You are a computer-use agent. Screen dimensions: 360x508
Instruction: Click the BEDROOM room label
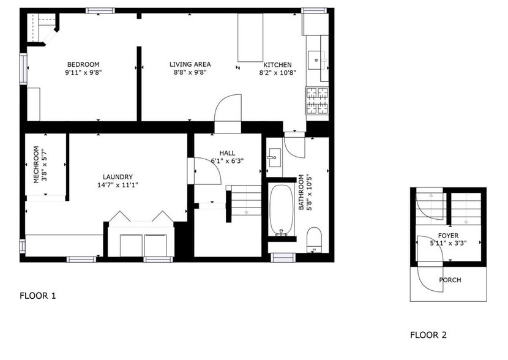[x=83, y=64]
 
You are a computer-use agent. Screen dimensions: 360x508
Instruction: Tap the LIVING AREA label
[x=190, y=64]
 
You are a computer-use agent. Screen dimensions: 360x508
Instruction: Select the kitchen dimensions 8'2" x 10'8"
[x=277, y=72]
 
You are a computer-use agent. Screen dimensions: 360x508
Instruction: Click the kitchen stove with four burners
[x=316, y=101]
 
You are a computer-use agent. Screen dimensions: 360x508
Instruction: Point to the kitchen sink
[x=317, y=59]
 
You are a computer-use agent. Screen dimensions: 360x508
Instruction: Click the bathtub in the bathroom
[x=282, y=210]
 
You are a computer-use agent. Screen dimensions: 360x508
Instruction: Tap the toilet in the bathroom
[x=314, y=239]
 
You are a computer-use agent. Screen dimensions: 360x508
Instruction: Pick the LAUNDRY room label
[x=118, y=177]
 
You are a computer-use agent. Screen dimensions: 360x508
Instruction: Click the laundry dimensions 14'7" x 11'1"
[x=118, y=185]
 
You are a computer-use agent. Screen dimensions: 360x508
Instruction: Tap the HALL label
[x=227, y=153]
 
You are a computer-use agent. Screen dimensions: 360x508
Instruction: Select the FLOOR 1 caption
[x=38, y=296]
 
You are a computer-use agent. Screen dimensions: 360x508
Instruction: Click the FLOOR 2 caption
[x=428, y=335]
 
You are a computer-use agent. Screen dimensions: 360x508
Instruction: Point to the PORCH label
[x=450, y=280]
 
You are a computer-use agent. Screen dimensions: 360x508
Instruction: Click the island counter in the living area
[x=250, y=37]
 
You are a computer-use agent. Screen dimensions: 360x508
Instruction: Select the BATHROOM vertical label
[x=301, y=192]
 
